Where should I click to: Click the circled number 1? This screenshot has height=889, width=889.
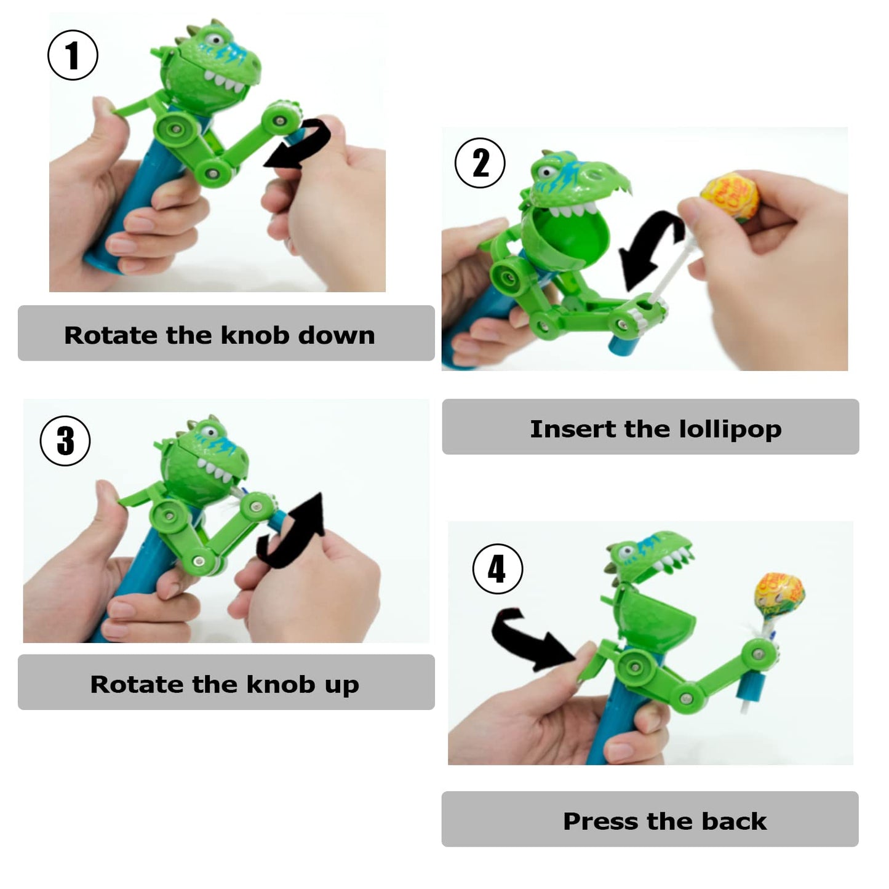point(73,55)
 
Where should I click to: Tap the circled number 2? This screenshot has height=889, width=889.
point(480,163)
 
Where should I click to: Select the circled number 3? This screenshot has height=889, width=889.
point(65,441)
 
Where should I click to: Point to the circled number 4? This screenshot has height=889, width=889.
point(497,568)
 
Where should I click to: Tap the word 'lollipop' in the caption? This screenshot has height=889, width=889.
point(730,429)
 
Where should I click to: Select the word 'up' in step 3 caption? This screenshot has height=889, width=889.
point(341,685)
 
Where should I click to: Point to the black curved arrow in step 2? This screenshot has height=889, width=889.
point(649,246)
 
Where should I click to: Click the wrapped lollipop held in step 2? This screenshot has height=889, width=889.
point(730,197)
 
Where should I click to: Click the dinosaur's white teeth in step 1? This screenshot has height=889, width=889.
point(225,81)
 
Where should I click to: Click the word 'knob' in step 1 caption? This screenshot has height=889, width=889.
point(255,335)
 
